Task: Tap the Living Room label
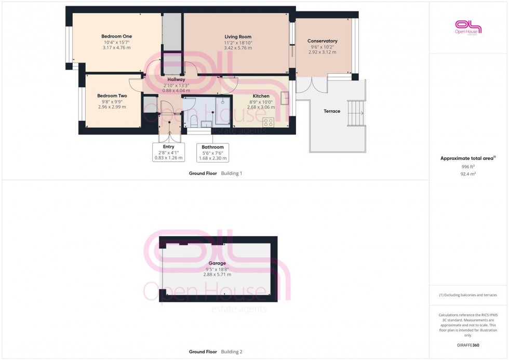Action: coord(238,37)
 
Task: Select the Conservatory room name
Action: coord(322,41)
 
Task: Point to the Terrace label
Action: coord(332,111)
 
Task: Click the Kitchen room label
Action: coord(261,96)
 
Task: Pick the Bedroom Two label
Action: coord(112,96)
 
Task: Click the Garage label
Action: coord(217,263)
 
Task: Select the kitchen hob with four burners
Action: coord(269,123)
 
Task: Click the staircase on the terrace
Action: coord(356,113)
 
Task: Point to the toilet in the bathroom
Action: coord(193,121)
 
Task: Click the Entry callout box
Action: coord(168,152)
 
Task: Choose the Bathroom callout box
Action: coord(212,153)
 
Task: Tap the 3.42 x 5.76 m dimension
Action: coord(238,48)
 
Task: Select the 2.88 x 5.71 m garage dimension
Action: coord(217,274)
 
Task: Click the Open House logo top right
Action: coord(468,27)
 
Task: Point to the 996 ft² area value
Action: coord(468,167)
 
